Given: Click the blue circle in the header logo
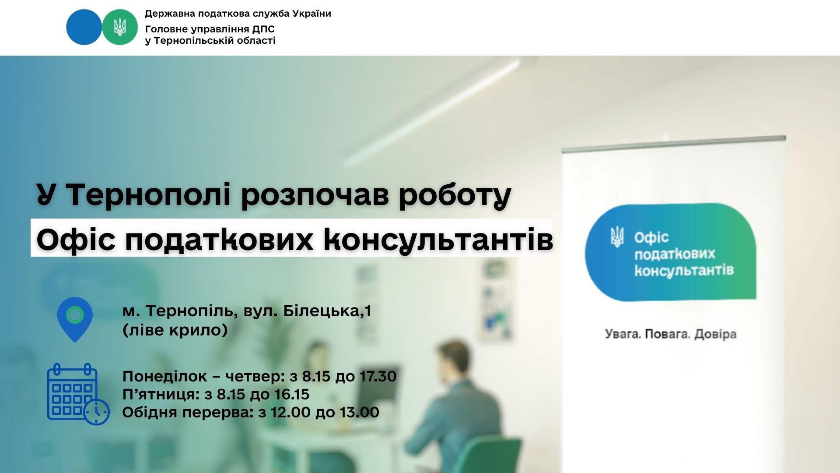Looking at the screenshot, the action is tap(84, 27).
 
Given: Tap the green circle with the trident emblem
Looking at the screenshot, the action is tap(120, 27).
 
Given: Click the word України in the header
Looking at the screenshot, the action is tap(311, 14).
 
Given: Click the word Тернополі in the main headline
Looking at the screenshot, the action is tap(149, 194).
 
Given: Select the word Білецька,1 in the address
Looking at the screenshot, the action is tap(327, 311).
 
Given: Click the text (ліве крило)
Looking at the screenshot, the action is tap(175, 330).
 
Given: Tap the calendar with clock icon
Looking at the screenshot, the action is tap(78, 394).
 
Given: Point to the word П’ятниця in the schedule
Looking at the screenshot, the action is tap(161, 395).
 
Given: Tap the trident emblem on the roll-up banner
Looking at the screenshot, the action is tap(617, 237).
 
